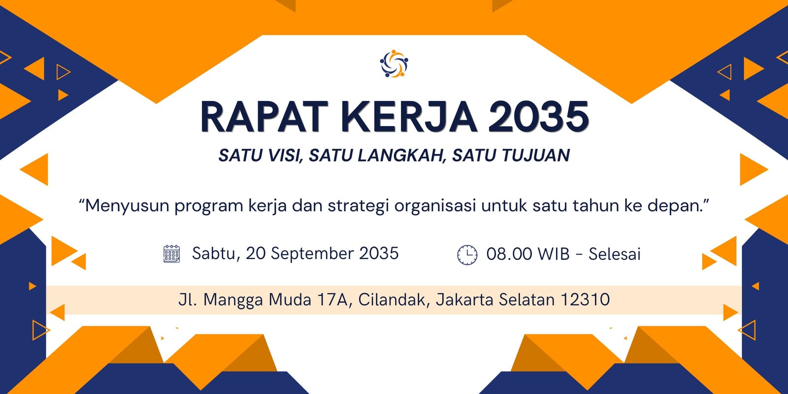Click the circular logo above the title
pyautogui.click(x=394, y=64)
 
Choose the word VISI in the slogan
pyautogui.click(x=286, y=156)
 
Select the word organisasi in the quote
pyautogui.click(x=435, y=206)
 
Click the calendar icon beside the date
pyautogui.click(x=172, y=254)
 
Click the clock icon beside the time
pyautogui.click(x=467, y=255)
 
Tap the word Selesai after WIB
pyautogui.click(x=615, y=254)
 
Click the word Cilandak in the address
pyautogui.click(x=394, y=300)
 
